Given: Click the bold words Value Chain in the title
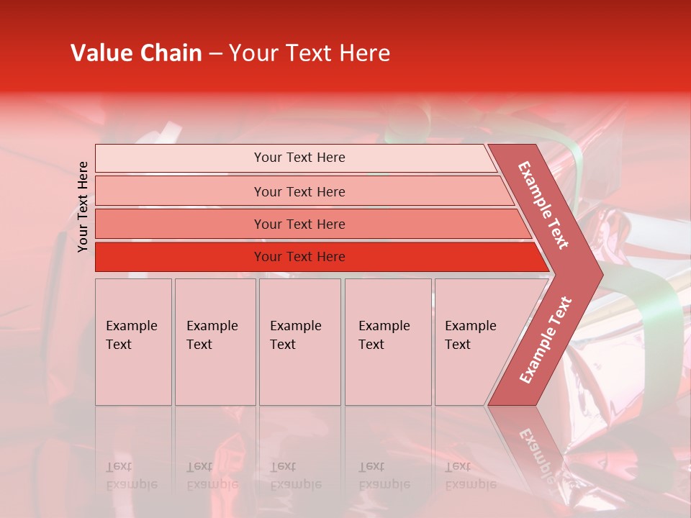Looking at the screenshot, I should [x=136, y=53].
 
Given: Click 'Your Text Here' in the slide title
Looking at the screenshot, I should [x=310, y=53].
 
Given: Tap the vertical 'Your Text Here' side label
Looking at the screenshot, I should [x=83, y=206].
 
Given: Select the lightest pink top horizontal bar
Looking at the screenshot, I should [x=180, y=158].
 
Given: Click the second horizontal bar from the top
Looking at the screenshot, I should [x=180, y=191].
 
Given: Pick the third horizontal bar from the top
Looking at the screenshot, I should [x=180, y=224].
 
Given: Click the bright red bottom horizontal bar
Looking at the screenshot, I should [x=180, y=257].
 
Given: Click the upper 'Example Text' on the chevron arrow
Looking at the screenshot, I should [x=543, y=204].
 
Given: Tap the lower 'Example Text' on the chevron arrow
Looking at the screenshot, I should [x=546, y=340].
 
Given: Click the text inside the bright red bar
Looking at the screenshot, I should [x=299, y=257].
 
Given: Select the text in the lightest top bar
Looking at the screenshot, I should [x=299, y=158].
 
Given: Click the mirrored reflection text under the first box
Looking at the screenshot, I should [x=131, y=476].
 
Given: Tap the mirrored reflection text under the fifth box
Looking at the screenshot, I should [x=470, y=476].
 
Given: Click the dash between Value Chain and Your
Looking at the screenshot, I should [x=215, y=54].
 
